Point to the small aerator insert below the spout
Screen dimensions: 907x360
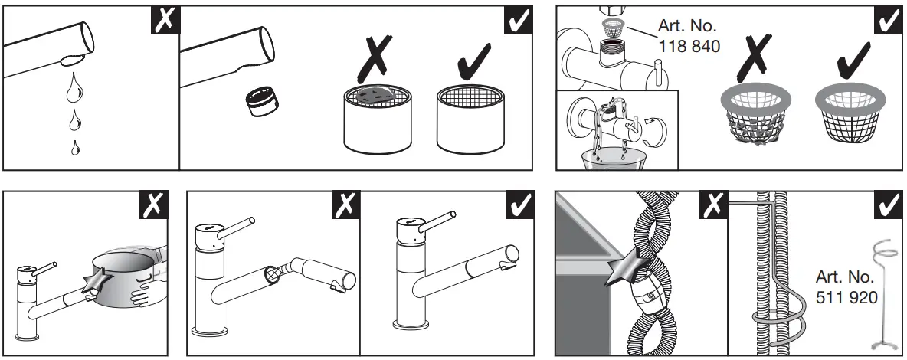[x=258, y=102]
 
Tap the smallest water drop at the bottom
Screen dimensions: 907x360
[x=74, y=148]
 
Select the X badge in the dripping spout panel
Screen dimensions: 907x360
[x=165, y=21]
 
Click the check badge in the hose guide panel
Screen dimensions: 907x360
[x=886, y=205]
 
